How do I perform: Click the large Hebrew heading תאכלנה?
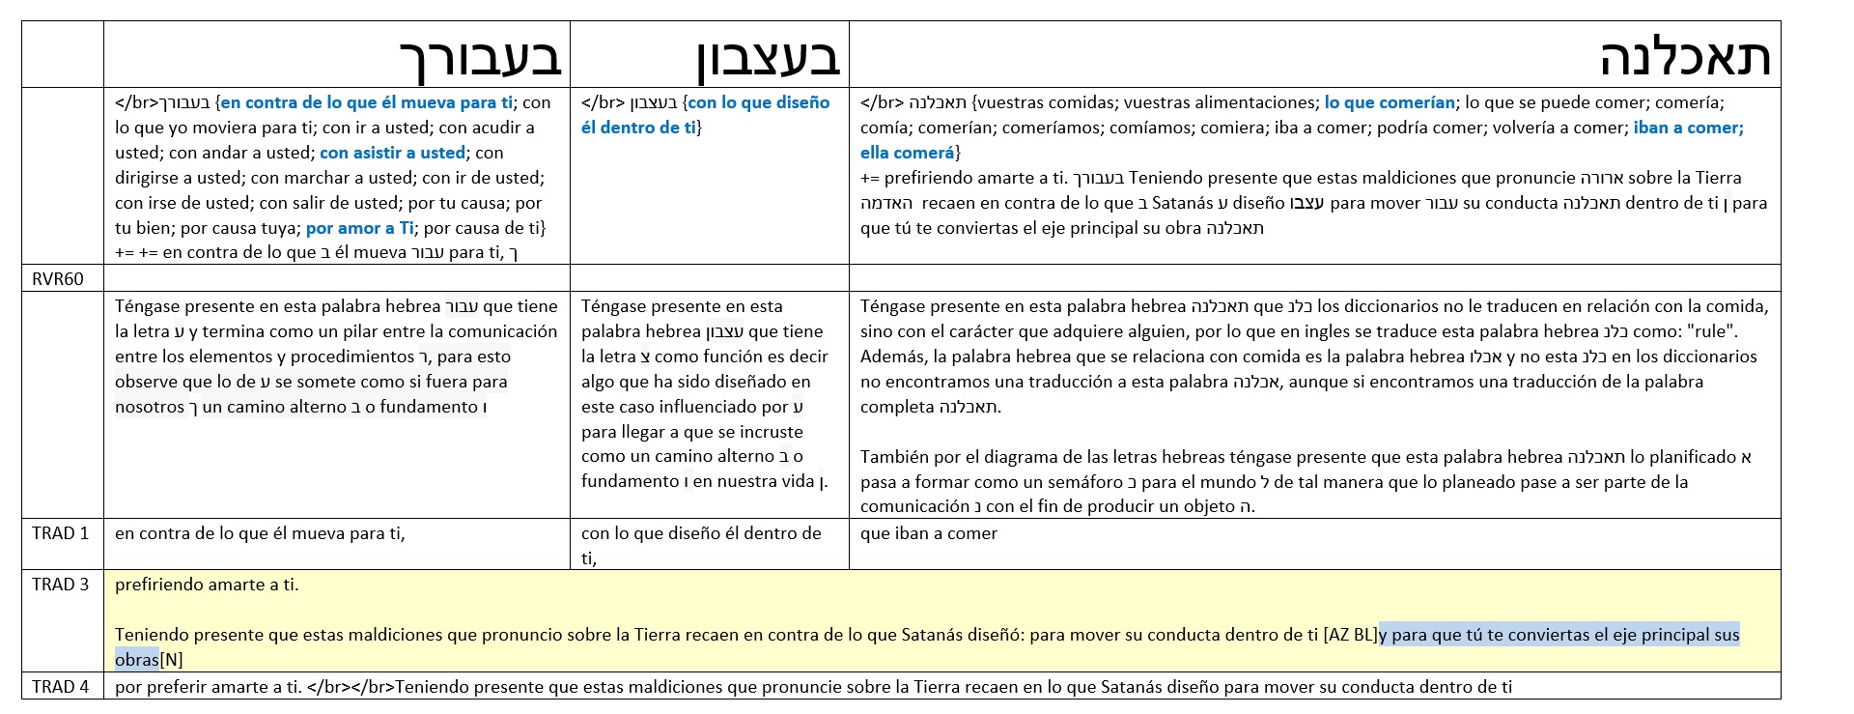point(1685,57)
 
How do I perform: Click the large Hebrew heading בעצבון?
point(769,58)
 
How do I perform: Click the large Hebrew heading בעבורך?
point(481,58)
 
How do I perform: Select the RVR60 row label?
point(58,279)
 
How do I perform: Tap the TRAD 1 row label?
point(60,533)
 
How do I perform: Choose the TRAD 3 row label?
point(60,585)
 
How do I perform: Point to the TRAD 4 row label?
point(60,687)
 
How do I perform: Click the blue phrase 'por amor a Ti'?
point(360,228)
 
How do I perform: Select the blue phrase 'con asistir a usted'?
point(392,153)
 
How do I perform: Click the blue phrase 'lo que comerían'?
point(1390,102)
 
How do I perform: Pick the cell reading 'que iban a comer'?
point(929,533)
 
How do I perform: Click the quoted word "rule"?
point(1711,331)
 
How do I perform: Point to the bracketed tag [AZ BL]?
point(1350,635)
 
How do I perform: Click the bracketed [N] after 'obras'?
point(171,660)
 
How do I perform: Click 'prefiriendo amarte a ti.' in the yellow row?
point(207,585)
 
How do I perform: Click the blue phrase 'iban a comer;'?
point(1688,128)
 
